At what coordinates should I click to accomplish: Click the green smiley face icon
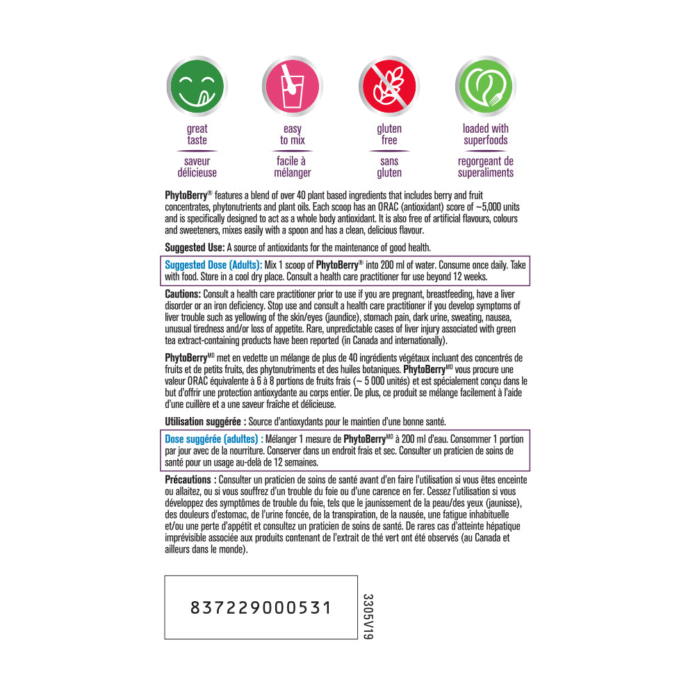pyautogui.click(x=197, y=88)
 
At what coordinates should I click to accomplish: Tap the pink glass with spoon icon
pyautogui.click(x=293, y=88)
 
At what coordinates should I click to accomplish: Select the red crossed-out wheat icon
pyautogui.click(x=389, y=88)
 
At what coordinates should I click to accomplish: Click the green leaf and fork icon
pyautogui.click(x=485, y=88)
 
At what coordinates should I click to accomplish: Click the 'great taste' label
pyautogui.click(x=197, y=134)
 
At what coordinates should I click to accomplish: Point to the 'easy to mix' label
pyautogui.click(x=293, y=134)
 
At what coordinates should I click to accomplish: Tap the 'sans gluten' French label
pyautogui.click(x=389, y=167)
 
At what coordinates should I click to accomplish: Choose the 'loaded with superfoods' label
pyautogui.click(x=485, y=134)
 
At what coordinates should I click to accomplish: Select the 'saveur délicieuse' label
pyautogui.click(x=197, y=167)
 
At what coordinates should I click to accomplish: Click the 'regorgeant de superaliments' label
pyautogui.click(x=485, y=167)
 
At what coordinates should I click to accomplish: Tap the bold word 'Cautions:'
pyautogui.click(x=183, y=294)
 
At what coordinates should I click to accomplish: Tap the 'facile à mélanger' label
pyautogui.click(x=293, y=167)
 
